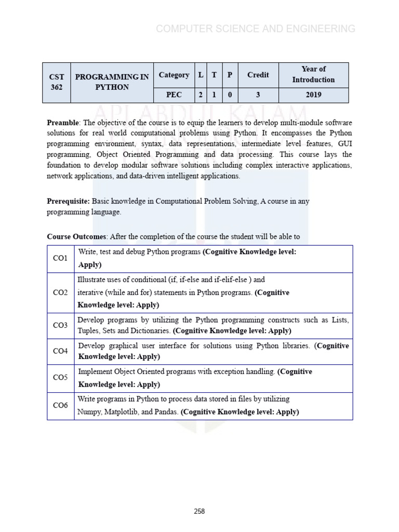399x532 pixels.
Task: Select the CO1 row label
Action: pyautogui.click(x=61, y=258)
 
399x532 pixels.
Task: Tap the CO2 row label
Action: pyautogui.click(x=61, y=292)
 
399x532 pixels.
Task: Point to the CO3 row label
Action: pyautogui.click(x=61, y=325)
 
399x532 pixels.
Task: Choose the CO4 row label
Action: pyautogui.click(x=61, y=351)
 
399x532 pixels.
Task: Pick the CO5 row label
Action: pyautogui.click(x=61, y=378)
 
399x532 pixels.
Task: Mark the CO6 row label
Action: pyautogui.click(x=61, y=405)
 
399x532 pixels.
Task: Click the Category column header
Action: pyautogui.click(x=174, y=75)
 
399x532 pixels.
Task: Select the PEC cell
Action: pyautogui.click(x=174, y=95)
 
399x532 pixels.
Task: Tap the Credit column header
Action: pyautogui.click(x=258, y=75)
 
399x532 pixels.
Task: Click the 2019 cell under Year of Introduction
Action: pyautogui.click(x=313, y=95)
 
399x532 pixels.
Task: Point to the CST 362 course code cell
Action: pyautogui.click(x=57, y=82)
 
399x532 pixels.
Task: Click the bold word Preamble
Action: pyautogui.click(x=62, y=123)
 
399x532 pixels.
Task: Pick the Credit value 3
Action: pyautogui.click(x=258, y=95)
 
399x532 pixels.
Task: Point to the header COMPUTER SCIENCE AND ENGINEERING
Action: pyautogui.click(x=256, y=29)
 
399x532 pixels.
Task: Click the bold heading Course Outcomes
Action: pyautogui.click(x=76, y=237)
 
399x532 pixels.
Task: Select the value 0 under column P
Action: pyautogui.click(x=230, y=95)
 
